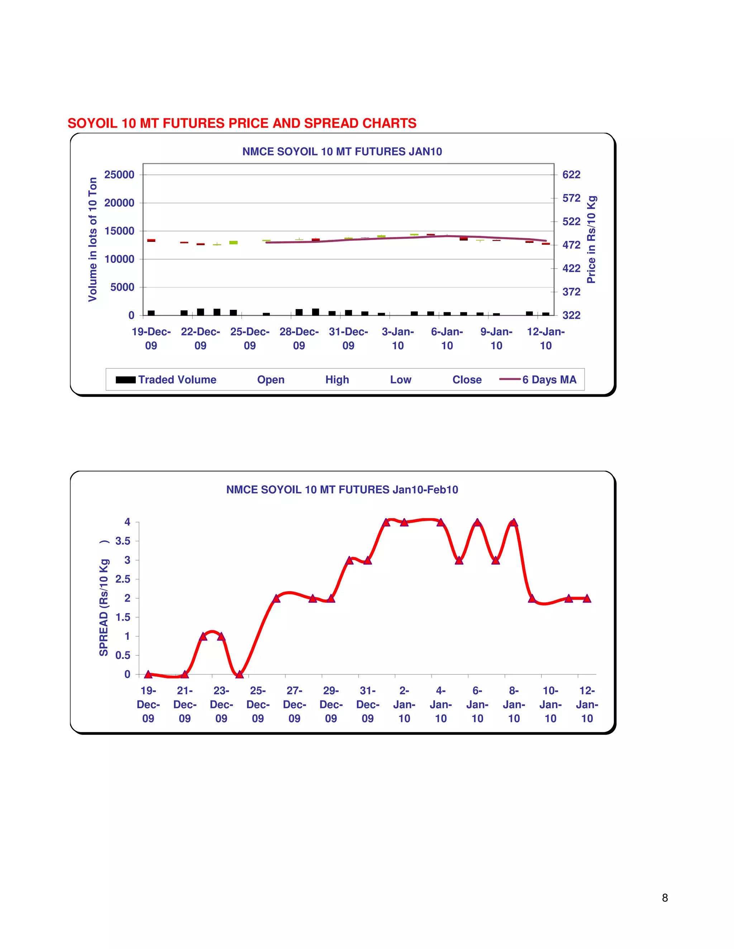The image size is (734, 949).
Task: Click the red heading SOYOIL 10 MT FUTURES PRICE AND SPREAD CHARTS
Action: click(242, 124)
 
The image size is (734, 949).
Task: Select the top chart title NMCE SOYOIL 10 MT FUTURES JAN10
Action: click(342, 151)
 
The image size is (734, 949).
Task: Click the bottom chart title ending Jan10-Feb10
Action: click(342, 490)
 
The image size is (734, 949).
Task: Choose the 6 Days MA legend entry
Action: click(538, 380)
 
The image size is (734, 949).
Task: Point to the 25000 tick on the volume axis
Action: click(119, 175)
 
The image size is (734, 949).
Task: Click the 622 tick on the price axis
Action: click(571, 175)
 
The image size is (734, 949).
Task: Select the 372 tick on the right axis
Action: click(571, 292)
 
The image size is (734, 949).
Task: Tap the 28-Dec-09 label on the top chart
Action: click(299, 338)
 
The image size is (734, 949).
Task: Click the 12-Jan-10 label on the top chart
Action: click(546, 338)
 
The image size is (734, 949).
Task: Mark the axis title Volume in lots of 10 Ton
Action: click(92, 239)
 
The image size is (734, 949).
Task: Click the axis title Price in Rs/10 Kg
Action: click(591, 240)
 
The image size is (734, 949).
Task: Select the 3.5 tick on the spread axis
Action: click(123, 541)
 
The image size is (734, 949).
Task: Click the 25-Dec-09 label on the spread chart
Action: click(258, 704)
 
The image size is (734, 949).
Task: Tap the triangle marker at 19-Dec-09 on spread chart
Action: click(148, 674)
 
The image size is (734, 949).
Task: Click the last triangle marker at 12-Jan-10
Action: click(587, 598)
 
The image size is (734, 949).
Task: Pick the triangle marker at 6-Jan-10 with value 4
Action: click(477, 522)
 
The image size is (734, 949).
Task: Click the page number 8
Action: click(664, 898)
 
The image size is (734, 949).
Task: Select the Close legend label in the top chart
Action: click(467, 380)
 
